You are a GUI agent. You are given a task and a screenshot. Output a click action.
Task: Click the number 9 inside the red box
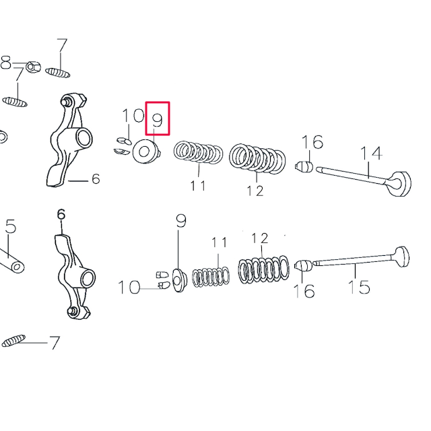tap(157, 120)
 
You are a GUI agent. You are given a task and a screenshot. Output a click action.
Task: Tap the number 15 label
tap(359, 287)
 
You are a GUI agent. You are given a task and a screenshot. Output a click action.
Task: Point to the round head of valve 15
tap(400, 259)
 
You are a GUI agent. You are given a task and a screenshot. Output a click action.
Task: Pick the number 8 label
tap(6, 62)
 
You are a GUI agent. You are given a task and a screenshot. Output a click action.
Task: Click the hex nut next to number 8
tap(31, 68)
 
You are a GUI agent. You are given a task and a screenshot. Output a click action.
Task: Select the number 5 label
tap(9, 227)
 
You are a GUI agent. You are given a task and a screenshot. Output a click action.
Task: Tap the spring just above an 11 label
tap(197, 153)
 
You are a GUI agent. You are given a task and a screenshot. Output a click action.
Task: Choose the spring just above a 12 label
tap(256, 158)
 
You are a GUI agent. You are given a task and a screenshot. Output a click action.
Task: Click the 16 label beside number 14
tap(312, 142)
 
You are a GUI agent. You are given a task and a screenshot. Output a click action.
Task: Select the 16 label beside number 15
tap(304, 291)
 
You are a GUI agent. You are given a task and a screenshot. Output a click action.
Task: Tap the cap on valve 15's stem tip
tap(304, 266)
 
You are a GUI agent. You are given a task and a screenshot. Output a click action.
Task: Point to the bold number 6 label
tap(61, 215)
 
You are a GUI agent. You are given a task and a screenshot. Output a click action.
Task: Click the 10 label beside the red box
tap(133, 115)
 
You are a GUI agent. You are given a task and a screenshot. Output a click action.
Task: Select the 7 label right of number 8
tap(62, 46)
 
